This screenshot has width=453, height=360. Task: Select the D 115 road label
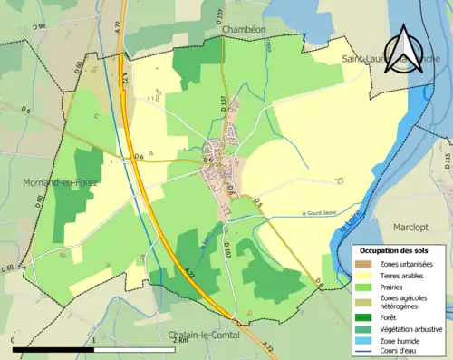click(447, 161)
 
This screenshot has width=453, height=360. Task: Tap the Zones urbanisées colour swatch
click(364, 263)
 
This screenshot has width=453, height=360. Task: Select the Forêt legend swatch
click(364, 316)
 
